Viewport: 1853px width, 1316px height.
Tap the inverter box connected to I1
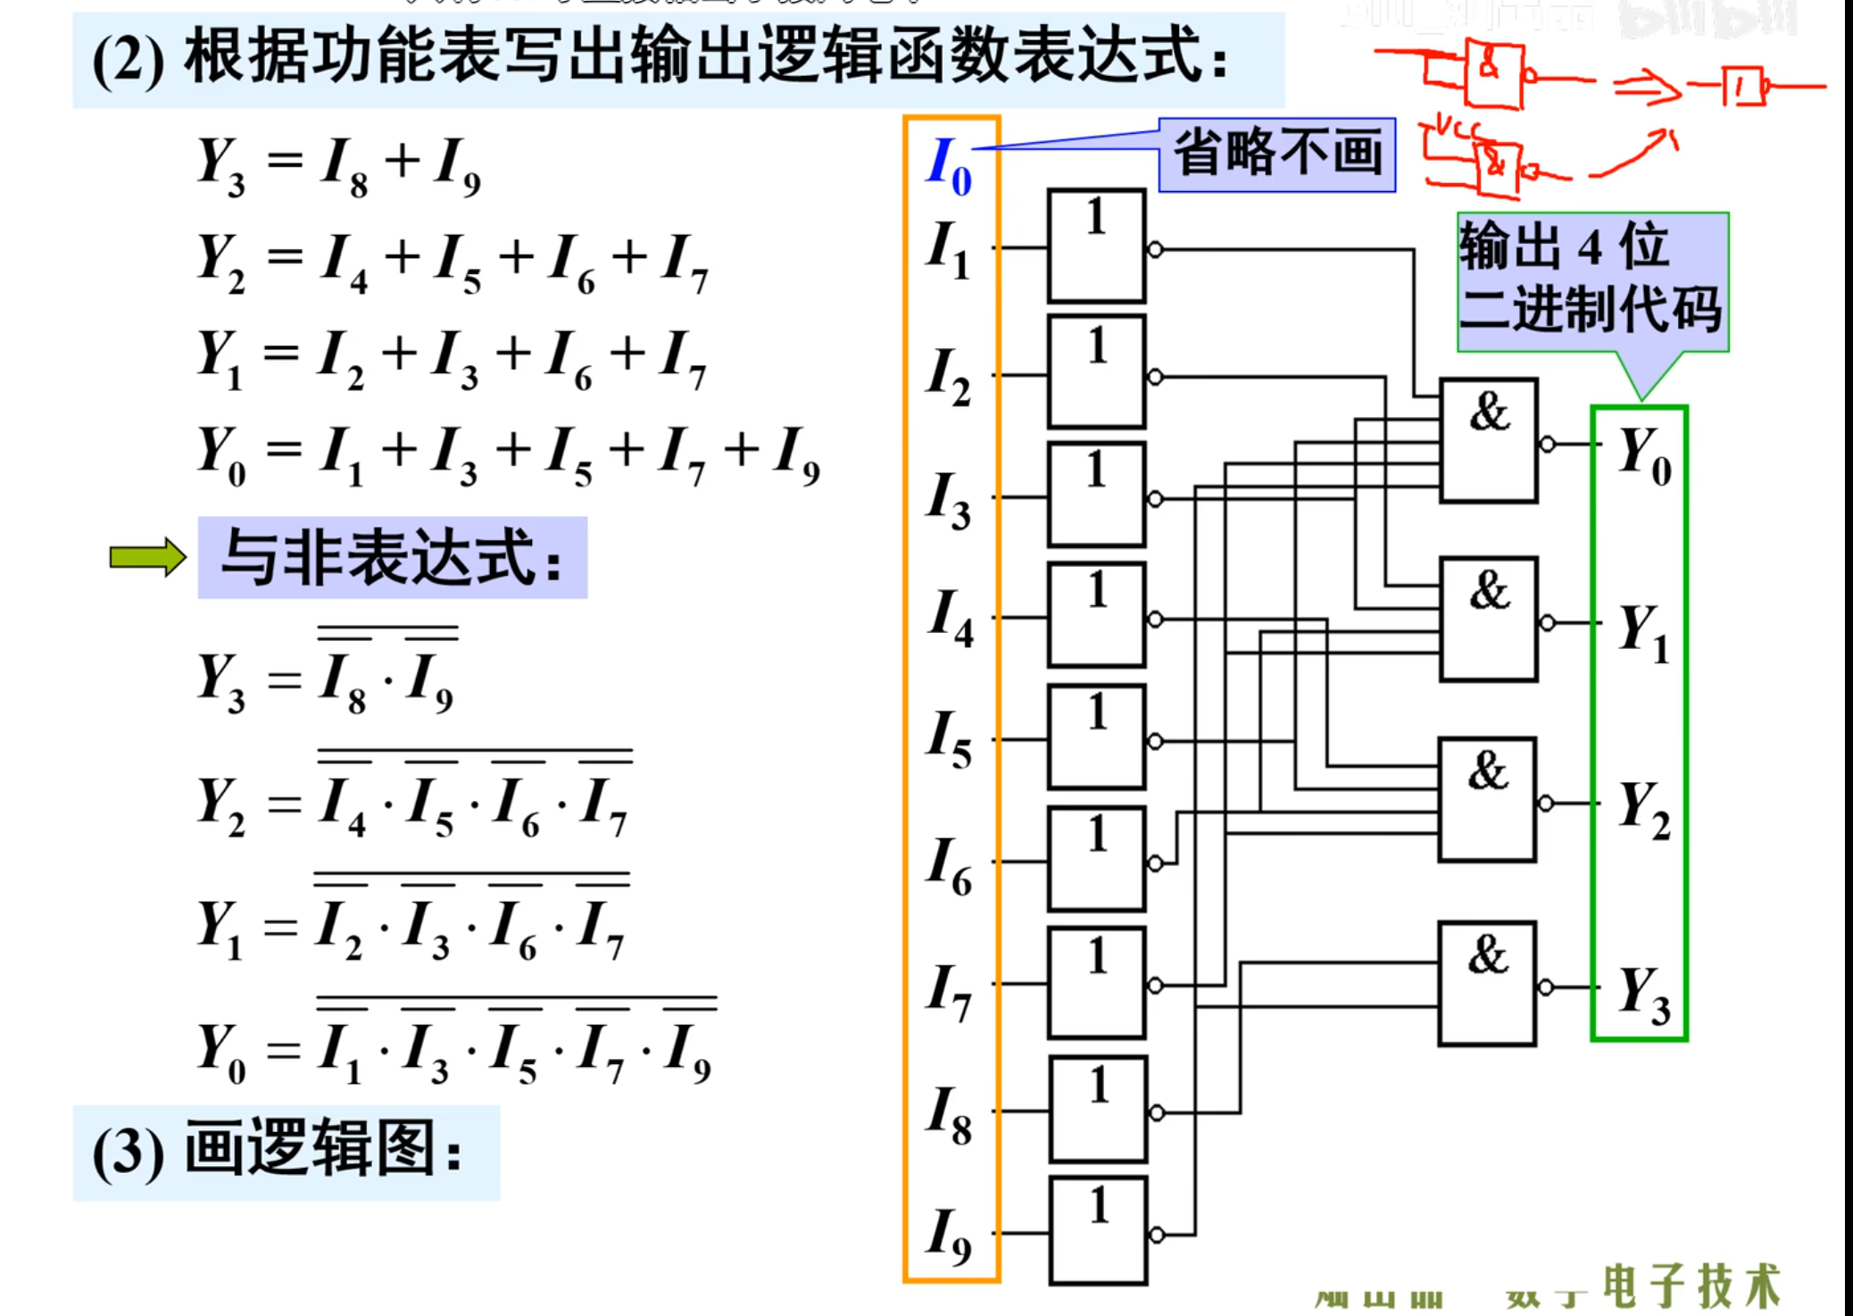pyautogui.click(x=1096, y=246)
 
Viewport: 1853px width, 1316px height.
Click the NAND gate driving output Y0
pyautogui.click(x=1488, y=440)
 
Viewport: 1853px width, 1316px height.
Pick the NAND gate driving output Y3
pyautogui.click(x=1487, y=983)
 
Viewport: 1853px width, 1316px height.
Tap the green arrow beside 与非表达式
pyautogui.click(x=147, y=557)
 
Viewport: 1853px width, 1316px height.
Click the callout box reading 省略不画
pyautogui.click(x=1277, y=154)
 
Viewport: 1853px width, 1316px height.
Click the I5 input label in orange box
pyautogui.click(x=949, y=739)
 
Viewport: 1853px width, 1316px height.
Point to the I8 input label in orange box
pyautogui.click(x=949, y=1114)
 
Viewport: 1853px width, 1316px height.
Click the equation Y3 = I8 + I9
pyautogui.click(x=339, y=166)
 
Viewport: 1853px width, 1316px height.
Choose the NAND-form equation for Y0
pyautogui.click(x=455, y=1045)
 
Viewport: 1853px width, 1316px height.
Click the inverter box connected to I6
pyautogui.click(x=1097, y=859)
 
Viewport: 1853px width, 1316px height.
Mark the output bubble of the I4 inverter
pyautogui.click(x=1155, y=619)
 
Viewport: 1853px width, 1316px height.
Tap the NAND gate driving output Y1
pyautogui.click(x=1488, y=619)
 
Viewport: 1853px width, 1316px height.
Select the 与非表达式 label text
pyautogui.click(x=393, y=557)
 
